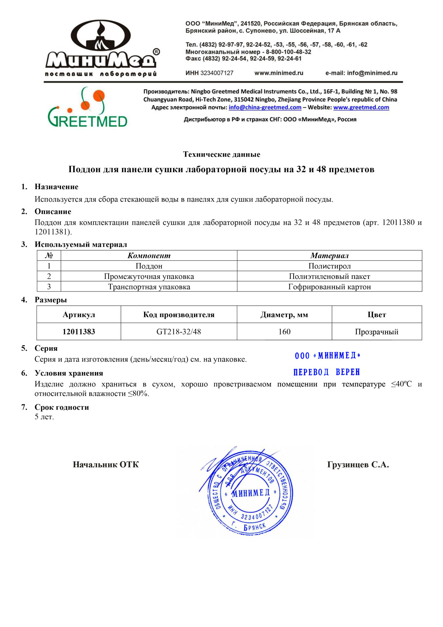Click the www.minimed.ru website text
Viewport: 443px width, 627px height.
(x=279, y=73)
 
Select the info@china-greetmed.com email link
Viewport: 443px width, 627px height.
(x=265, y=108)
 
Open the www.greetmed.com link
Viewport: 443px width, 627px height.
(x=361, y=108)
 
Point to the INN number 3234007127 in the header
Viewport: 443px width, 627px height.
(x=217, y=73)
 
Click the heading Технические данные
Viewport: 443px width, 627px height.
(x=221, y=154)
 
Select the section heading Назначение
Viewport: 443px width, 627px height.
(x=56, y=187)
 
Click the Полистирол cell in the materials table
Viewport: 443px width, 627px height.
(x=329, y=266)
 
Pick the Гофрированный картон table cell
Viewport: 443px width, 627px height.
(x=329, y=287)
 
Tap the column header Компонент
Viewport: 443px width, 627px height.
(x=149, y=256)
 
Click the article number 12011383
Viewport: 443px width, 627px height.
(x=79, y=332)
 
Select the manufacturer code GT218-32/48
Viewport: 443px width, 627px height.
(x=179, y=332)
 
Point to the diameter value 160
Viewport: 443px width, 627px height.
(x=284, y=332)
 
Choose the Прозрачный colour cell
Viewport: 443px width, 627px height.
(x=377, y=332)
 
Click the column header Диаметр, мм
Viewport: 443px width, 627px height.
(x=284, y=315)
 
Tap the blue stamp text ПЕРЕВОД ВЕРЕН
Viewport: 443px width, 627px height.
(x=327, y=372)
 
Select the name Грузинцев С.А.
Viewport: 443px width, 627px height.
(x=358, y=465)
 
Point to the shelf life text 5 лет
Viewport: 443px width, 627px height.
(x=44, y=417)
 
